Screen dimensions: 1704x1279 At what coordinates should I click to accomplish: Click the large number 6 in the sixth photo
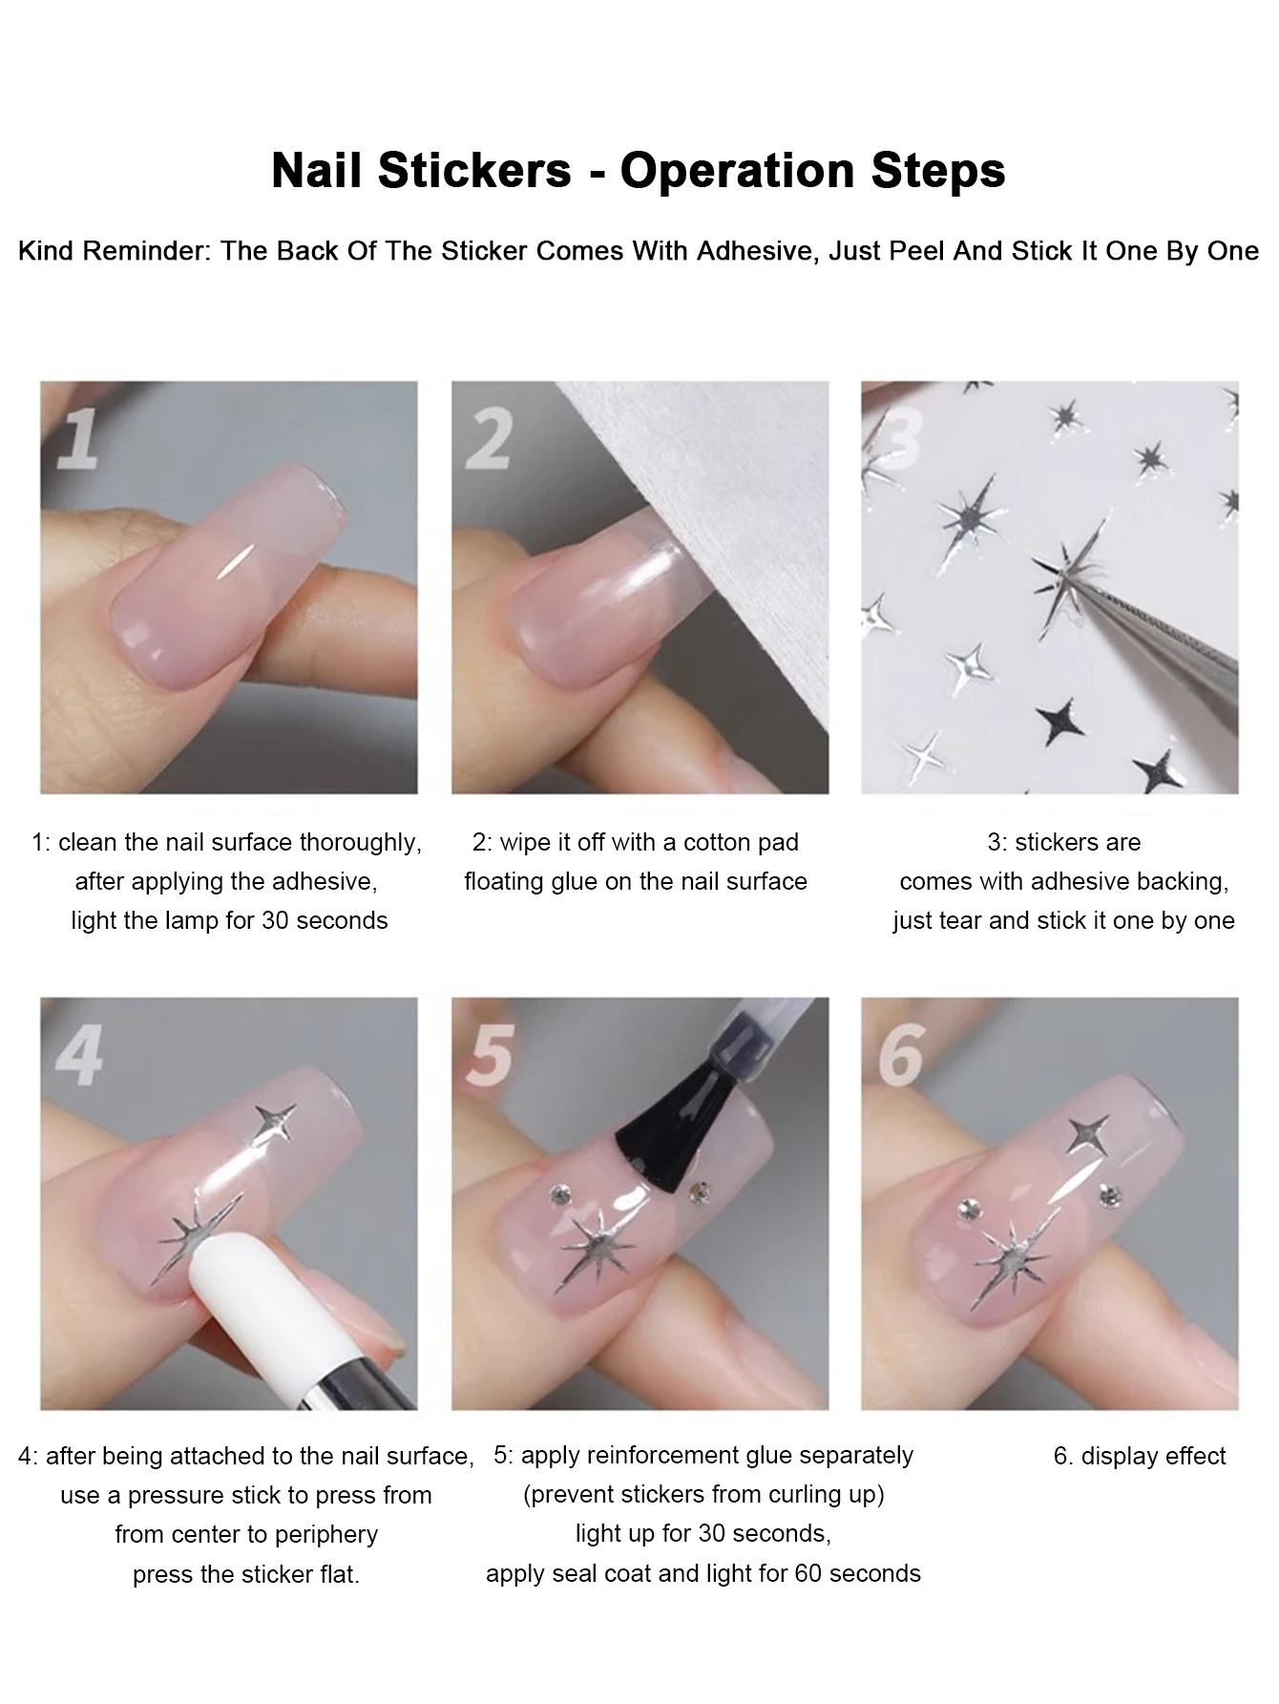900,1054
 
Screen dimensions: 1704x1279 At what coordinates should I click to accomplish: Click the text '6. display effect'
1139,1456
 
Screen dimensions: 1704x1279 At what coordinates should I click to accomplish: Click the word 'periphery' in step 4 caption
325,1534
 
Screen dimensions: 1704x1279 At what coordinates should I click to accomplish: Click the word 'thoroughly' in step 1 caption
360,842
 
